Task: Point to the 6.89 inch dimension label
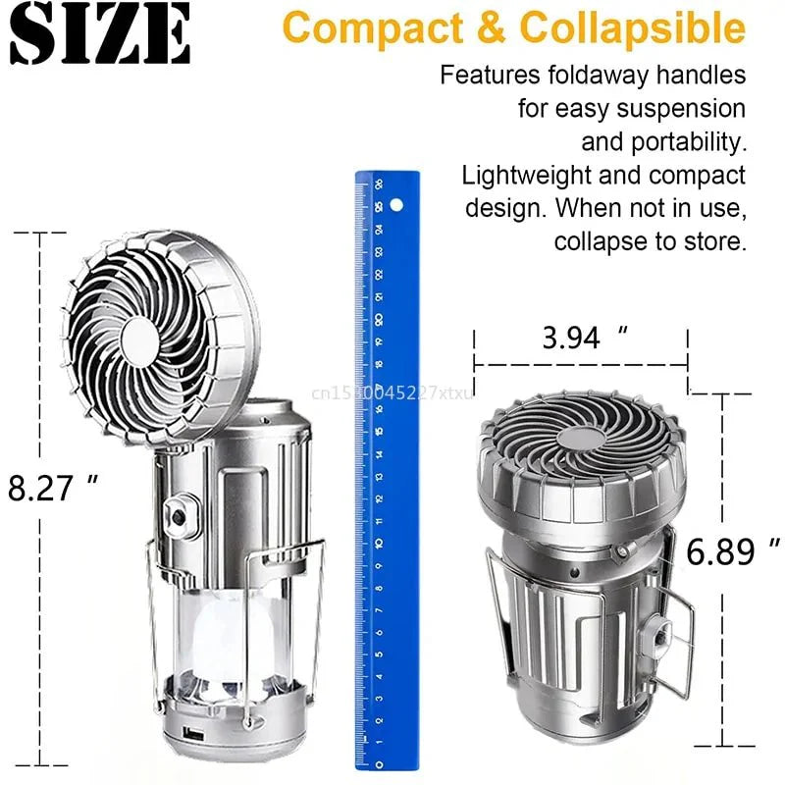coord(734,552)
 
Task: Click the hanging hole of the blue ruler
coord(396,206)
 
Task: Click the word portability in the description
coord(662,141)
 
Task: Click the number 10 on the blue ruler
coord(378,543)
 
